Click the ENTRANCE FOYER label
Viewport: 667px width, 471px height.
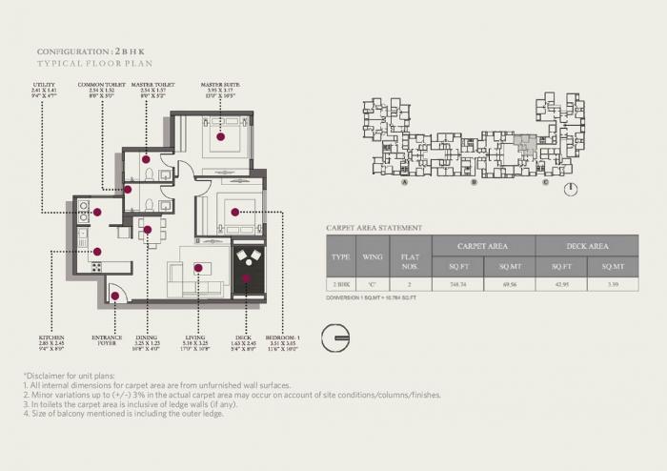[107, 340]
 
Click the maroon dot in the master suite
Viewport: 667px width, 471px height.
[220, 137]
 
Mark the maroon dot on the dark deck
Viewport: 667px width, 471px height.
[245, 278]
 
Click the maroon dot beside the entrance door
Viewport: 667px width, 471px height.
[115, 296]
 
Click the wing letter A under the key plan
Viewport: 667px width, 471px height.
[405, 182]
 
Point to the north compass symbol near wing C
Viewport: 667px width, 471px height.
[569, 188]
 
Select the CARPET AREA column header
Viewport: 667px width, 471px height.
[482, 246]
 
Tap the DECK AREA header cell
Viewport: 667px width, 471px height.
[585, 246]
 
